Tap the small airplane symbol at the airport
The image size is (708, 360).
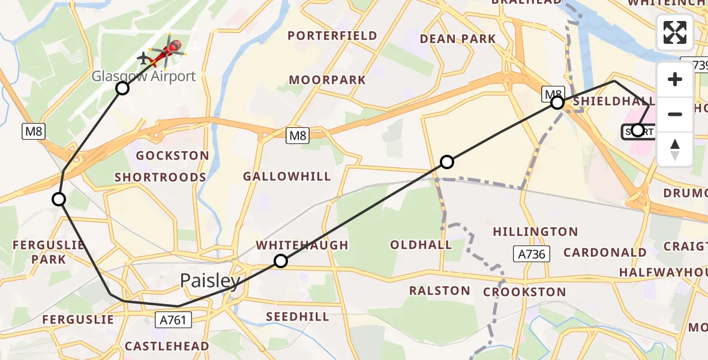click(x=143, y=59)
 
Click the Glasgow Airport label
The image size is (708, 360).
click(x=143, y=76)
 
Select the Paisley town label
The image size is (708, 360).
click(x=211, y=280)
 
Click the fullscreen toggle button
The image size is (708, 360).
click(x=675, y=32)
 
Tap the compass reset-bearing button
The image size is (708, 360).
click(x=675, y=149)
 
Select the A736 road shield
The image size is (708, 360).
click(x=532, y=254)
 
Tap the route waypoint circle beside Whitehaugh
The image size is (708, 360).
click(x=281, y=260)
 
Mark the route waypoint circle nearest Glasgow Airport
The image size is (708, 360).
click(x=122, y=89)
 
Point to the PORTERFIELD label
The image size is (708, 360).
click(x=332, y=36)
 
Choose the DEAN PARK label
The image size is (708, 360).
click(x=458, y=39)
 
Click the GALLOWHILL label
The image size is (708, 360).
click(x=287, y=176)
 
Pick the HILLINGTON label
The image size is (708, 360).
click(x=535, y=232)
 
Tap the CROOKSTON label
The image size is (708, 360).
click(x=524, y=293)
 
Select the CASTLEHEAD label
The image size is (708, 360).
click(x=167, y=346)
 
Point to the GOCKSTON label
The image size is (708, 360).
click(x=172, y=156)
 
